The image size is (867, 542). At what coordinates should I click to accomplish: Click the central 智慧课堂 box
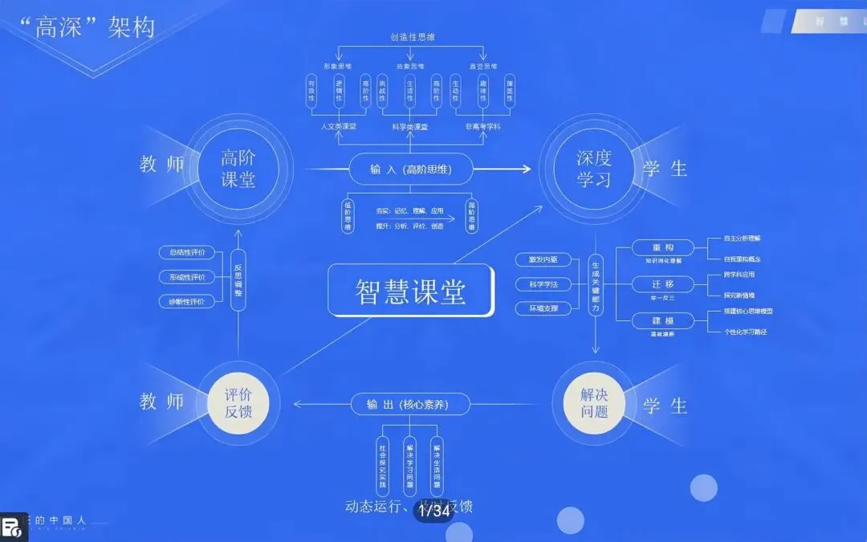(x=410, y=290)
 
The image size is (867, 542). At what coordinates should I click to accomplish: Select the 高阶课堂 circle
(x=238, y=169)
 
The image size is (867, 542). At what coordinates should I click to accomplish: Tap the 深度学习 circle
(x=593, y=169)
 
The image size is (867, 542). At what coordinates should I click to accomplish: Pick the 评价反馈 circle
(x=238, y=402)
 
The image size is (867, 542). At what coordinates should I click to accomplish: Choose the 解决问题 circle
(x=595, y=402)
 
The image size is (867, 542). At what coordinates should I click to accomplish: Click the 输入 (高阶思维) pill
(x=410, y=169)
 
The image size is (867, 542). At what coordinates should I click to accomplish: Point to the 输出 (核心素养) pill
(x=410, y=404)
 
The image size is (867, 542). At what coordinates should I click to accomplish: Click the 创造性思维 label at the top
(x=411, y=37)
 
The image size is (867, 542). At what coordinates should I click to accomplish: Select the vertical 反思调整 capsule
(x=238, y=278)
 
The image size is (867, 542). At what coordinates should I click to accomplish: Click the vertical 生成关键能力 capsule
(x=596, y=284)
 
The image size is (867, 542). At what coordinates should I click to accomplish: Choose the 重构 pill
(x=662, y=247)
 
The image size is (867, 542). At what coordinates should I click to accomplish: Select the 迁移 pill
(x=662, y=284)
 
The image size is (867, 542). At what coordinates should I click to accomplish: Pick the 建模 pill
(x=662, y=321)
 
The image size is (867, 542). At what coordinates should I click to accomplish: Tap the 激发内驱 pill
(x=543, y=259)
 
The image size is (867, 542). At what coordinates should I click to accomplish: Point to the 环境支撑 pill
(x=543, y=308)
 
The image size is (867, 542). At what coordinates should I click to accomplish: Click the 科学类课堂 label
(x=410, y=127)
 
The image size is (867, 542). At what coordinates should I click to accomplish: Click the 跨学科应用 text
(x=727, y=275)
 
